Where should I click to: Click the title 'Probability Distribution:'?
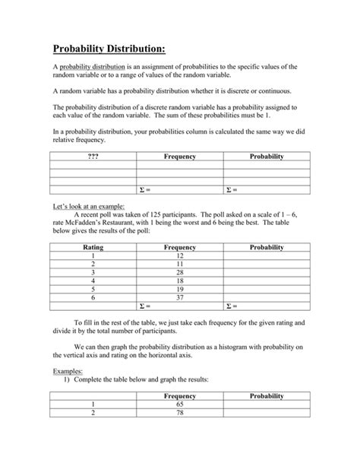coord(109,49)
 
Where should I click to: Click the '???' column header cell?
coord(93,156)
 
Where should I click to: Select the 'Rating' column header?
coord(93,247)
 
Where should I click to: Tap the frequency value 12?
coord(180,257)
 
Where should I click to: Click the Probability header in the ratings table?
coord(267,247)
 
